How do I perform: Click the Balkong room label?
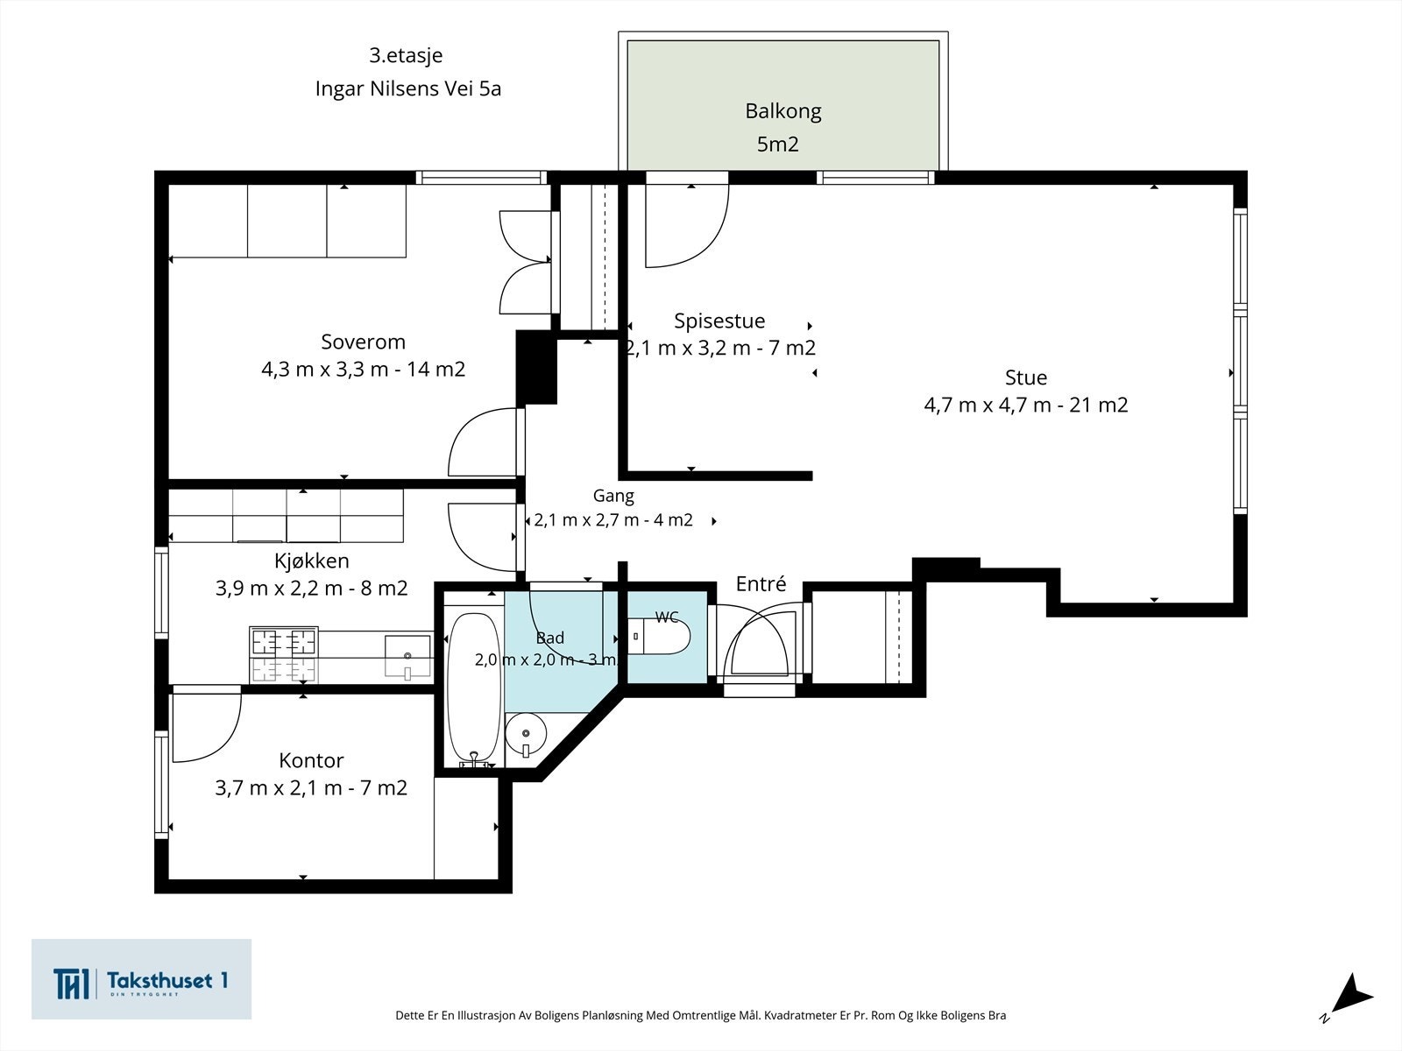tap(783, 112)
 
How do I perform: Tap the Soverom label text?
tap(363, 342)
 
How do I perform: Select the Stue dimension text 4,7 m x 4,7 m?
tap(987, 406)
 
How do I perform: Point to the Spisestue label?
tap(719, 321)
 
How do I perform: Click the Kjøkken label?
tap(312, 561)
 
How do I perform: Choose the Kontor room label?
tap(311, 760)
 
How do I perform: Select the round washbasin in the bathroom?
tap(526, 735)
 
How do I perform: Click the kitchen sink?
tap(407, 655)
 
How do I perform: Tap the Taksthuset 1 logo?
tap(141, 979)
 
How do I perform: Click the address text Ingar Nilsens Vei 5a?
tap(408, 88)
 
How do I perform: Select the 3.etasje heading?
tap(406, 55)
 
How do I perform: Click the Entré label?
tap(761, 584)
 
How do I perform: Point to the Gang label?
tap(613, 496)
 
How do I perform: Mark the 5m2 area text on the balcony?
tap(778, 145)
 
